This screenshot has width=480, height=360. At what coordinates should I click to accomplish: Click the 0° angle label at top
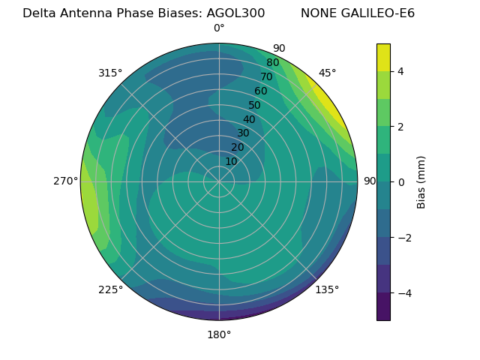click(x=219, y=28)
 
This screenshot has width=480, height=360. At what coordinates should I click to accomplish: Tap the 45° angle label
click(x=327, y=73)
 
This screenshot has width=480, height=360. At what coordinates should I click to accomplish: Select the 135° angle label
click(x=327, y=289)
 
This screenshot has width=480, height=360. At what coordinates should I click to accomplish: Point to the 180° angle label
click(x=219, y=334)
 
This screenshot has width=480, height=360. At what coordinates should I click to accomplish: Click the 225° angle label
click(x=110, y=289)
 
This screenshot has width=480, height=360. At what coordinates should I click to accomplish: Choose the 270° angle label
click(x=67, y=181)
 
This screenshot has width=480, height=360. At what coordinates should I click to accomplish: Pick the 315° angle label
click(x=110, y=73)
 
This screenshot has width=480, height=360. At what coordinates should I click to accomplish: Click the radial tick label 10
click(x=231, y=161)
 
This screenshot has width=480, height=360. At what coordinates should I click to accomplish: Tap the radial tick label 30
click(x=243, y=133)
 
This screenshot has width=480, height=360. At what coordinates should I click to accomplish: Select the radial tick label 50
click(x=255, y=106)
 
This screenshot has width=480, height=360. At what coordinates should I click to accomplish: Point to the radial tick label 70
click(x=266, y=77)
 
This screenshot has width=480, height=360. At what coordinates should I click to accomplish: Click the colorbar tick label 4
click(x=401, y=71)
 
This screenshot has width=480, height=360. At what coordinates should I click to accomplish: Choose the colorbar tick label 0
click(x=401, y=182)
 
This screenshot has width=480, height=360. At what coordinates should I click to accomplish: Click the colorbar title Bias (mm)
click(x=421, y=182)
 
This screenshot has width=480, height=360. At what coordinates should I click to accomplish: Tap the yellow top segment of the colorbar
click(x=383, y=57)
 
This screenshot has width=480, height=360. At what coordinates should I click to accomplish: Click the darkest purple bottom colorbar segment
click(x=383, y=307)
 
